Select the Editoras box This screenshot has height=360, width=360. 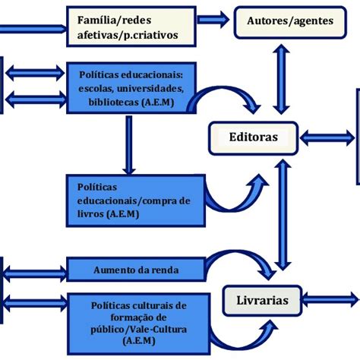pos(253,137)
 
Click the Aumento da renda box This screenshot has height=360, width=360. pos(137,269)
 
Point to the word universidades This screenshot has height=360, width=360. pos(163,87)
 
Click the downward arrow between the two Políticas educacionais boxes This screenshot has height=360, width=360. pos(128,144)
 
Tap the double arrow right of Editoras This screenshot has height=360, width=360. pos(327,137)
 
